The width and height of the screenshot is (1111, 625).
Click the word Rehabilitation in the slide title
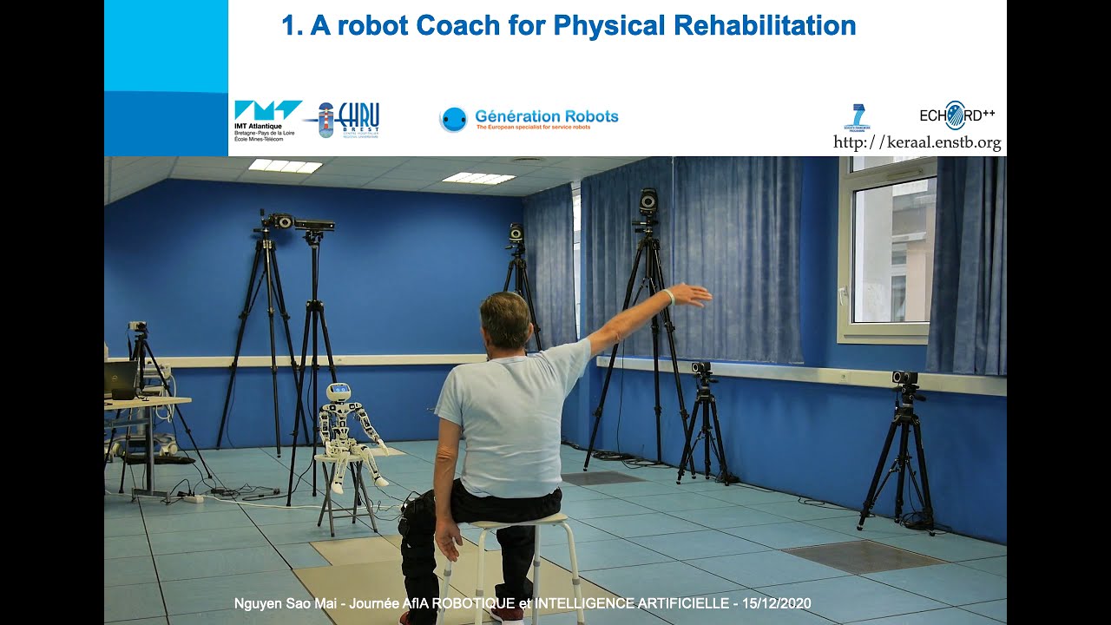[765, 25]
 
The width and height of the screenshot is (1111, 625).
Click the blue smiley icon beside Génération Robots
[453, 120]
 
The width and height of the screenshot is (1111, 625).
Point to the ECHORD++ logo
[957, 115]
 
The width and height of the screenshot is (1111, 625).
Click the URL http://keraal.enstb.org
[917, 142]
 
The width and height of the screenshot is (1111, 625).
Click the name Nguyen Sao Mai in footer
[278, 603]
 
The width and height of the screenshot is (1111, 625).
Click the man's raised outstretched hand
[692, 295]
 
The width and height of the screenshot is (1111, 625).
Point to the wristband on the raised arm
[668, 297]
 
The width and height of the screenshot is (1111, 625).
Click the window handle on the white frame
[842, 295]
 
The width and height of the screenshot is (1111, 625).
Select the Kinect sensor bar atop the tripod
[313, 225]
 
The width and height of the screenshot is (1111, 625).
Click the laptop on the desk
[121, 380]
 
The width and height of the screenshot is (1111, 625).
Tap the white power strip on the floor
[192, 498]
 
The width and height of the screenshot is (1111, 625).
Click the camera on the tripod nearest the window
[905, 379]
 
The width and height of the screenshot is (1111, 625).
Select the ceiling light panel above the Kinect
[285, 166]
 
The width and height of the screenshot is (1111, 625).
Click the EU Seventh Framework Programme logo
[857, 116]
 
